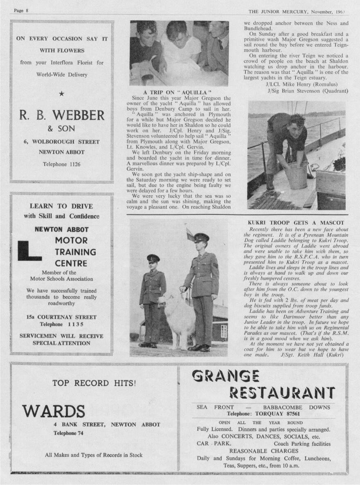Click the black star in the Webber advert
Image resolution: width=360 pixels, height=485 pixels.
[x=61, y=94]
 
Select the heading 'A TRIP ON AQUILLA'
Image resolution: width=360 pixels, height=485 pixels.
[x=177, y=92]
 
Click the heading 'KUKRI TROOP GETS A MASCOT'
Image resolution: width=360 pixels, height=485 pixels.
[x=296, y=223]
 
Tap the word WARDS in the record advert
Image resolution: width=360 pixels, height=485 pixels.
[x=54, y=411]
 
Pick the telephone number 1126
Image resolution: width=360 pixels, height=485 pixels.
[x=62, y=165]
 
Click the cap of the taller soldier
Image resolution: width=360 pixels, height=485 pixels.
[x=201, y=237]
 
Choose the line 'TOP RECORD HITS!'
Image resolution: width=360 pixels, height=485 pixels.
[x=94, y=383]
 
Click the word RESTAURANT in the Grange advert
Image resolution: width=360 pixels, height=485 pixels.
[x=282, y=393]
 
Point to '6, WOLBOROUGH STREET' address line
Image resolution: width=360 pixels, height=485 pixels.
[x=61, y=142]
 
